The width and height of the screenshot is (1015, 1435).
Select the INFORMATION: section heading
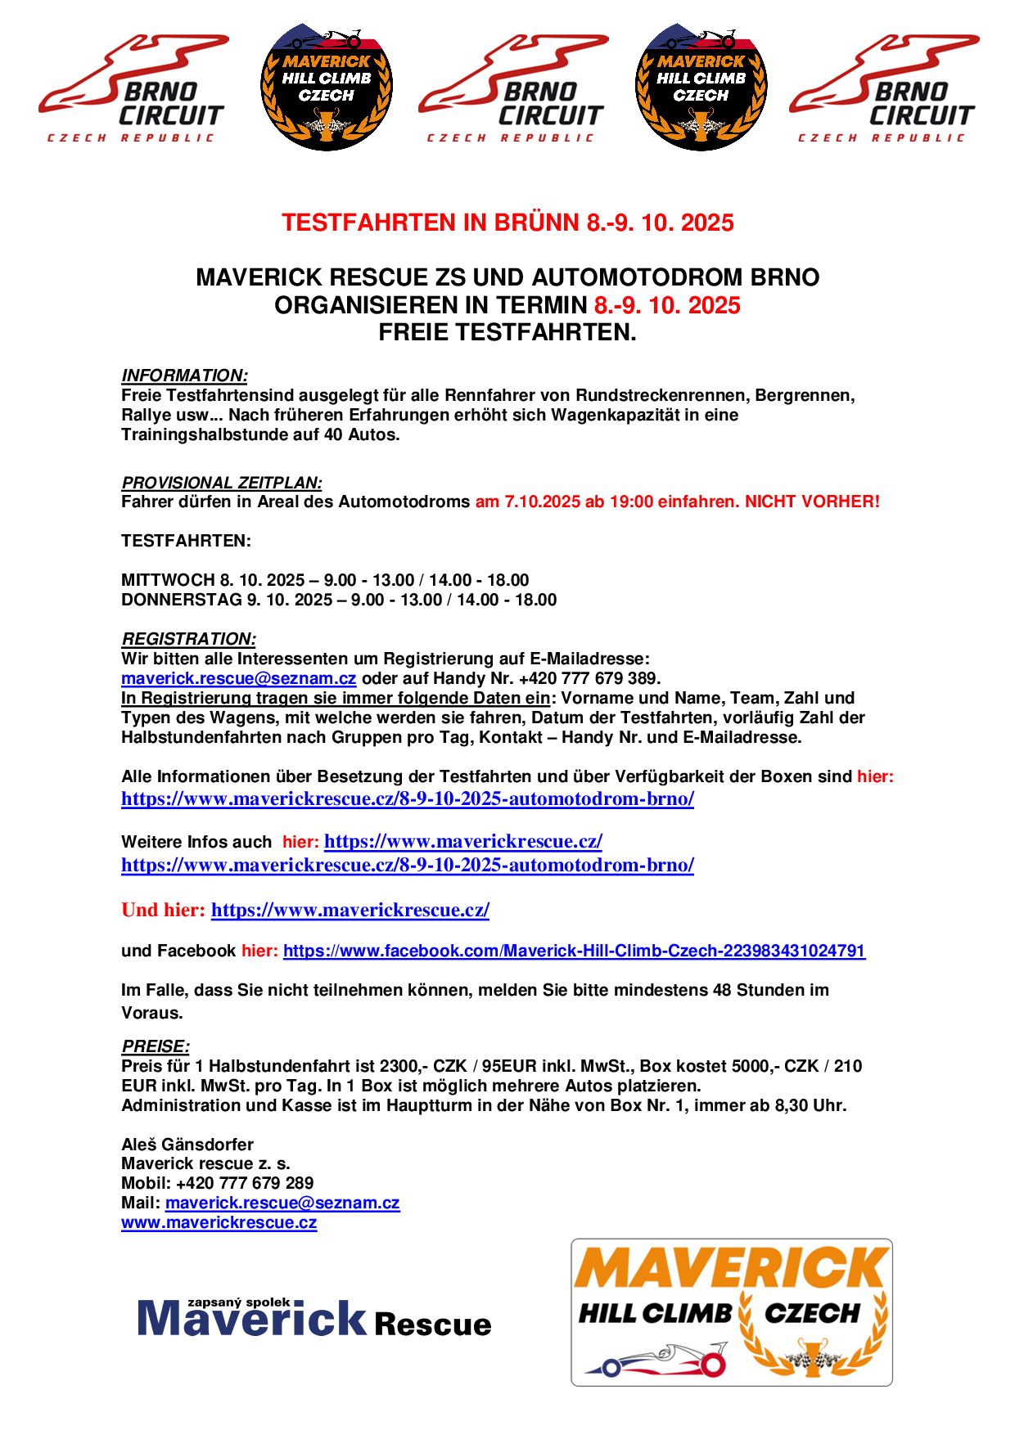184,376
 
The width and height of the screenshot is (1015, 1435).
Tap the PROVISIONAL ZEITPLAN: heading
221,483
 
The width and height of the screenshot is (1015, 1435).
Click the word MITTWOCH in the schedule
168,580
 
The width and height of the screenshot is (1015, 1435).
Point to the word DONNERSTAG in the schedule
181,600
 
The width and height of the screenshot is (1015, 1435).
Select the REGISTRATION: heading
188,639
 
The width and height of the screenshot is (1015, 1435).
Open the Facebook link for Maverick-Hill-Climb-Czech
574,951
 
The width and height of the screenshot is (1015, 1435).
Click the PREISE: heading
156,1046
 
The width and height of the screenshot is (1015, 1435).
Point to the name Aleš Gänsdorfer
187,1145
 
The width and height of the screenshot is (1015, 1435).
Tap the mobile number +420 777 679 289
244,1183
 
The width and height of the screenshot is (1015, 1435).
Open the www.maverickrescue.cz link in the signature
219,1222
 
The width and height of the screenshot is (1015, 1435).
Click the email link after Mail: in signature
282,1203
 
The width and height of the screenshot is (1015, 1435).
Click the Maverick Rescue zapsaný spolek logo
314,1317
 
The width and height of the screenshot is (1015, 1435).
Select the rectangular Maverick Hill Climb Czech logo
731,1311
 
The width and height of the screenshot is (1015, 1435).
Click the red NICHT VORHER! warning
812,502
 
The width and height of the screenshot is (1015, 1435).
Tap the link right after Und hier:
350,910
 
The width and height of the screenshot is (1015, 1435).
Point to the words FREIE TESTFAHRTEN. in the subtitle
508,333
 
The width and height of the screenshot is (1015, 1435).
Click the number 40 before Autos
333,434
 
